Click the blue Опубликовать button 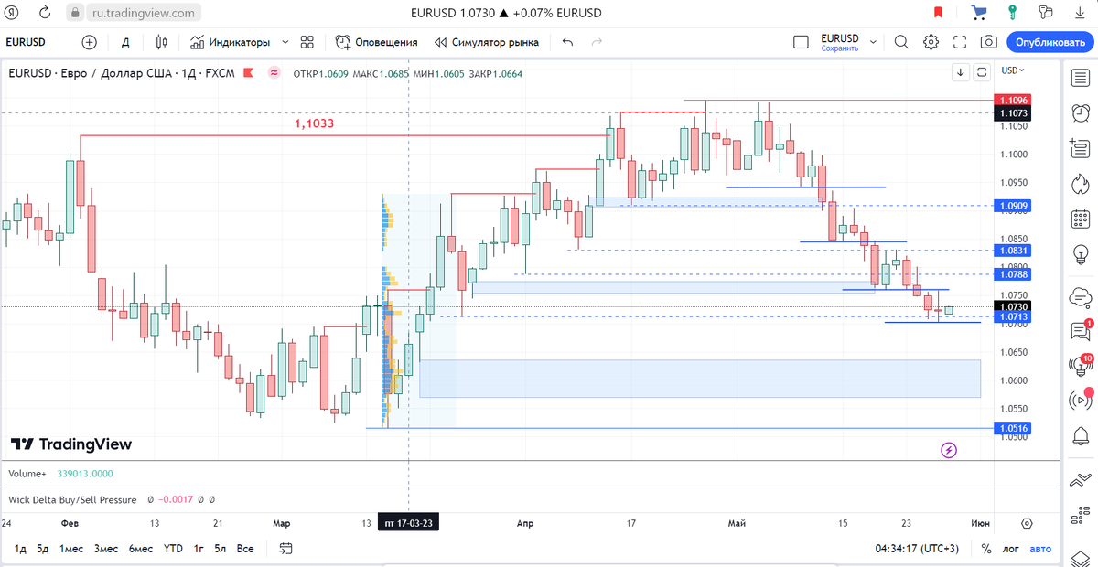point(1050,42)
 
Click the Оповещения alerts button point(377,42)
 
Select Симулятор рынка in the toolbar point(487,42)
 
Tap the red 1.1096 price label point(1014,100)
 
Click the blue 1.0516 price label point(1014,428)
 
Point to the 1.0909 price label point(1014,206)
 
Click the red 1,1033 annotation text point(314,123)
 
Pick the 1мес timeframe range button point(71,549)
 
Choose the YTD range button point(173,549)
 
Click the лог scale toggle point(1010,549)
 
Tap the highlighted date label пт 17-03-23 point(408,523)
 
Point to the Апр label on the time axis point(524,523)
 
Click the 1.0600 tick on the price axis point(1014,380)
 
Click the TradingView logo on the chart point(71,444)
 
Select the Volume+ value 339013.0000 point(84,474)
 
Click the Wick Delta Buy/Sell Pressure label point(72,500)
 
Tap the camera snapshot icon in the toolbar point(988,42)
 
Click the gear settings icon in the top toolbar point(931,42)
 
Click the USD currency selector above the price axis point(1013,70)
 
